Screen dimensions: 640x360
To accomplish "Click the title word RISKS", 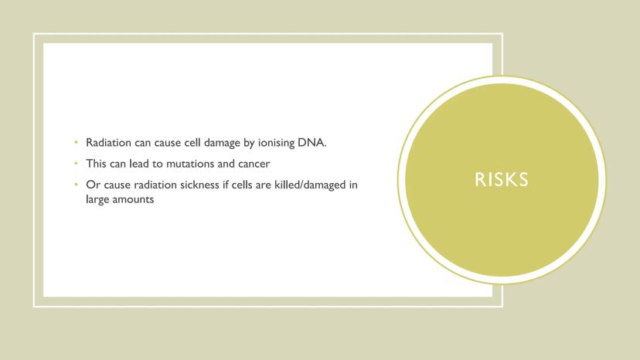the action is (501, 179).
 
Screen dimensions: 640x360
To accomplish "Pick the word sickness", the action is (199, 185).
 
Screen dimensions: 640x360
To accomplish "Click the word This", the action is (97, 164).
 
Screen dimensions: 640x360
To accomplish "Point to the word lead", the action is (139, 164).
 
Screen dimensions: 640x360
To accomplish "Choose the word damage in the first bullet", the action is (222, 143).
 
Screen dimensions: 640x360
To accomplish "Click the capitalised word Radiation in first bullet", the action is (108, 142).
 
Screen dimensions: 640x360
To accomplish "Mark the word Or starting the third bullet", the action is (93, 185).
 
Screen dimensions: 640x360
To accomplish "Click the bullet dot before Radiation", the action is (76, 142).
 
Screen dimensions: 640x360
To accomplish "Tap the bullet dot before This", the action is (76, 163).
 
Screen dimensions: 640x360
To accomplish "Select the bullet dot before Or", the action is (76, 185).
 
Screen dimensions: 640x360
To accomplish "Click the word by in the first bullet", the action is (249, 143).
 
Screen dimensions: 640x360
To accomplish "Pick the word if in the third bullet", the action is (225, 185).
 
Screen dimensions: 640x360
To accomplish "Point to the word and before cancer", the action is (226, 164).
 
